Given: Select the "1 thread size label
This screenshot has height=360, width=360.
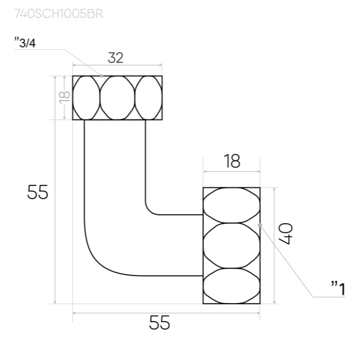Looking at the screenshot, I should pos(338,289).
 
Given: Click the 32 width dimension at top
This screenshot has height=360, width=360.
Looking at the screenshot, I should pos(116,58).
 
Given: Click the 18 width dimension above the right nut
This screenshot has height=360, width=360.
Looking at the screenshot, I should pos(232,161).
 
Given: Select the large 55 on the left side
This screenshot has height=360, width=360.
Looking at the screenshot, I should pos(38,193).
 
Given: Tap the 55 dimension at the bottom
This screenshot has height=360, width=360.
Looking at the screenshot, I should pos(160,323).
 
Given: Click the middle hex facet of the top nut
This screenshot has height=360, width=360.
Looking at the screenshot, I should pos(116,98).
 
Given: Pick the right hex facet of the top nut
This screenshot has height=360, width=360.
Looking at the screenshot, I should pos(148,98).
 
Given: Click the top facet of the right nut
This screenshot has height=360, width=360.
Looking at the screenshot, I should pos(232,205).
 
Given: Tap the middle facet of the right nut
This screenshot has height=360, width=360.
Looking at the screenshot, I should pos(232,245).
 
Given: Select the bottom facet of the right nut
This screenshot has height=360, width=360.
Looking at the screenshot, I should pos(232,285).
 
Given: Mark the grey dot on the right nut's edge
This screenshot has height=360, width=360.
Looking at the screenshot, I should pos(260,224).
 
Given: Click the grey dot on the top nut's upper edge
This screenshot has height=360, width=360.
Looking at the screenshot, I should pos(103,76).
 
